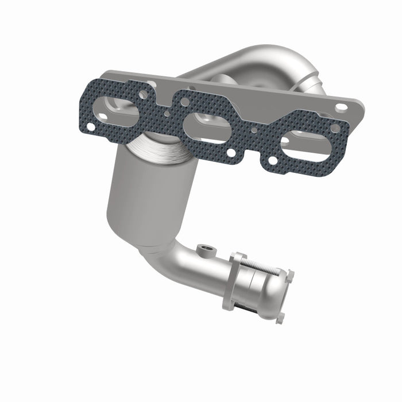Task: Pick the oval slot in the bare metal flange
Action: click(x=341, y=107)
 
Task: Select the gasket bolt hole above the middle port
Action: click(x=185, y=102)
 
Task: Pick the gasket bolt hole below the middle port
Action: click(x=231, y=153)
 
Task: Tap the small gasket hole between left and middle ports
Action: click(x=167, y=113)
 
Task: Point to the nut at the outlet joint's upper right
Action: click(x=288, y=274)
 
